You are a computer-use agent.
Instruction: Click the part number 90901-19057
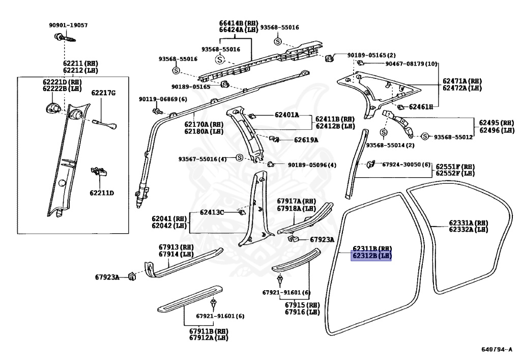pyautogui.click(x=68, y=25)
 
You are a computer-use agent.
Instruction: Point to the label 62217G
pyautogui.click(x=103, y=93)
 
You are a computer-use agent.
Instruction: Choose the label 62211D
pyautogui.click(x=102, y=193)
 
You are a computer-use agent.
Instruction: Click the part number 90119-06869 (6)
pyautogui.click(x=163, y=99)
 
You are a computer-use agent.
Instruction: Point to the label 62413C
pyautogui.click(x=212, y=212)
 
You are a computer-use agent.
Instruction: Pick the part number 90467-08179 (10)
pyautogui.click(x=411, y=64)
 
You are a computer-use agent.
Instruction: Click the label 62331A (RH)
pyautogui.click(x=468, y=223)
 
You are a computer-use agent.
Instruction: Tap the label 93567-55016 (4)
pyautogui.click(x=202, y=159)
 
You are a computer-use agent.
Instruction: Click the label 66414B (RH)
pyautogui.click(x=238, y=23)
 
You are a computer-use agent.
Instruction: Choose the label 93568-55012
pyautogui.click(x=453, y=137)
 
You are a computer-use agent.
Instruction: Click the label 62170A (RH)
pyautogui.click(x=202, y=124)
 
